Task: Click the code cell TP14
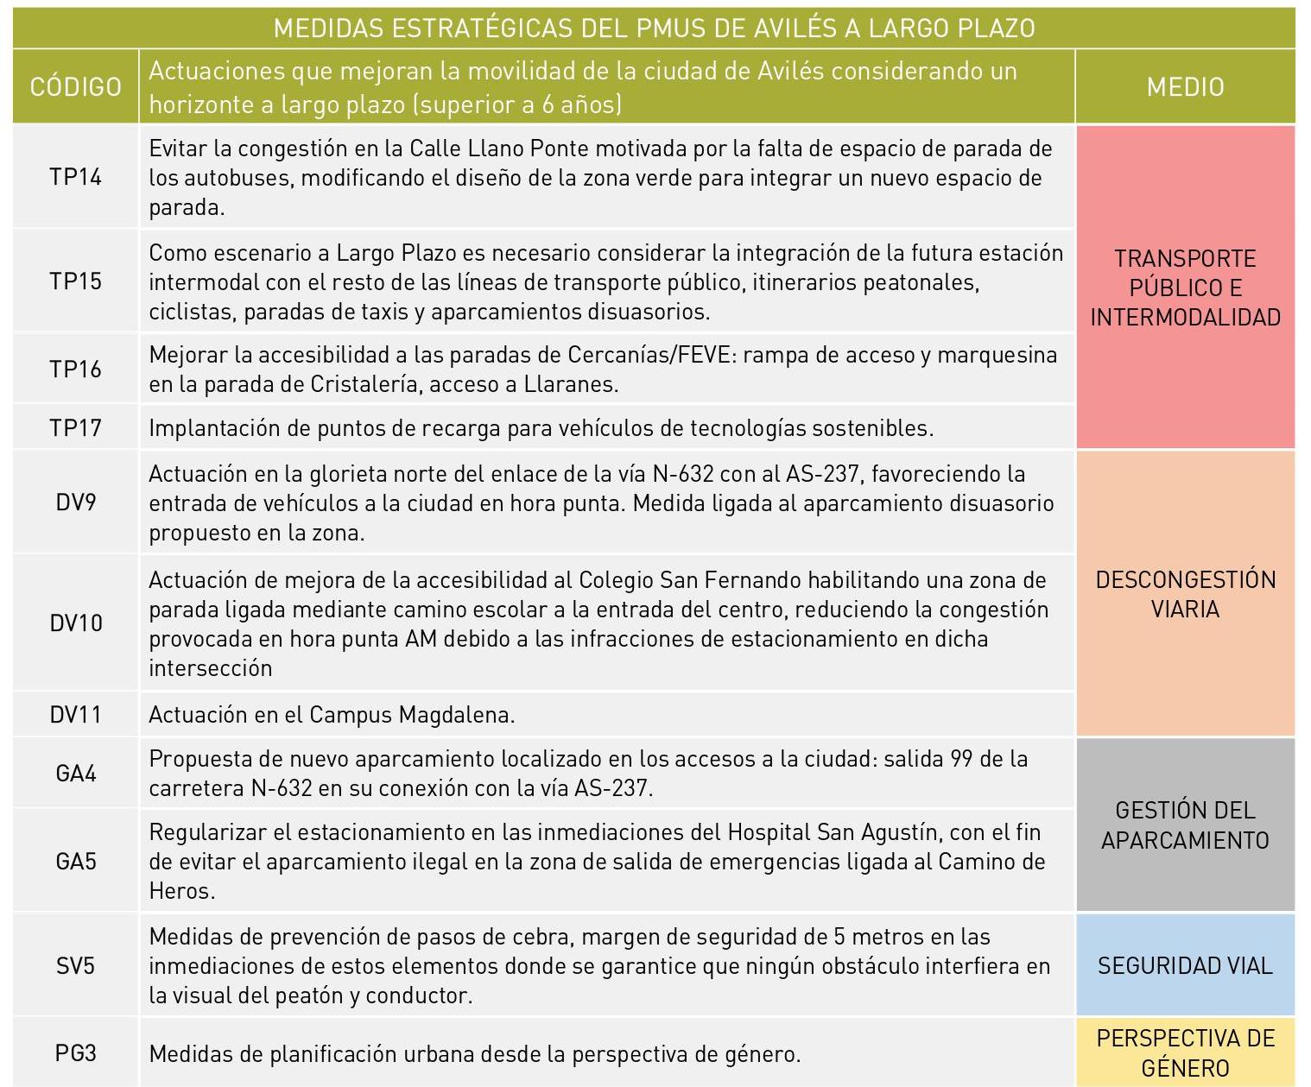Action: click(75, 177)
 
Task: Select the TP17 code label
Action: click(75, 428)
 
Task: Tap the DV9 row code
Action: click(75, 502)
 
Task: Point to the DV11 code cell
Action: click(75, 715)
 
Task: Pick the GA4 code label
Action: click(75, 774)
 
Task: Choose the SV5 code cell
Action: click(75, 965)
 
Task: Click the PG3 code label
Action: click(75, 1053)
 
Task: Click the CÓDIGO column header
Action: click(75, 86)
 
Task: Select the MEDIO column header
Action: click(1185, 86)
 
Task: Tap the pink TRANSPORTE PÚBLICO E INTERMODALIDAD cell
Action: click(1185, 288)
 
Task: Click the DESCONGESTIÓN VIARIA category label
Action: click(1185, 594)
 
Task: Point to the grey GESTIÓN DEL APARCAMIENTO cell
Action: click(1185, 825)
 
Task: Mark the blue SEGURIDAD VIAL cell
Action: click(1185, 965)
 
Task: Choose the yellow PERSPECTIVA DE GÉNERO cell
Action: click(1185, 1052)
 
